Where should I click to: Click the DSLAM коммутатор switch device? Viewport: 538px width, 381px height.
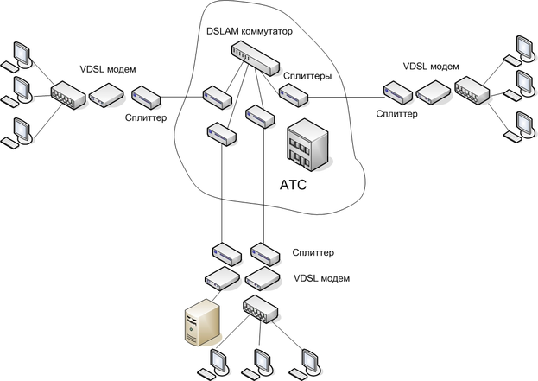point(256,57)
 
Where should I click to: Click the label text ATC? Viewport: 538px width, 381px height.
point(294,185)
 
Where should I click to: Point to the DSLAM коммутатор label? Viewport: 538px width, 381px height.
point(250,32)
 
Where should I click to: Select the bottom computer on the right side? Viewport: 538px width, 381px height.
point(520,124)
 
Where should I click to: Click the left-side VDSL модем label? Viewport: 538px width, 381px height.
point(110,68)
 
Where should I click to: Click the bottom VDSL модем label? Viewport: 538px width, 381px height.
point(321,278)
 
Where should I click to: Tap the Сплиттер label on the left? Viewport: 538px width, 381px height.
point(148,115)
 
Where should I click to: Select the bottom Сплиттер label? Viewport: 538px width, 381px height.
point(313,252)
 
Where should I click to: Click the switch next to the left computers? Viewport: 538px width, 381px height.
point(66,94)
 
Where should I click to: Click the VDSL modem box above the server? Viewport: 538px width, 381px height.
point(221,277)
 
